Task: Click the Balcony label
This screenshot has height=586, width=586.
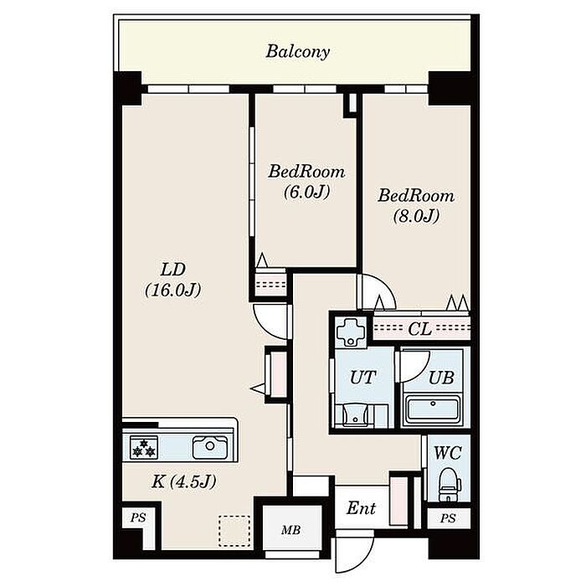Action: click(x=297, y=52)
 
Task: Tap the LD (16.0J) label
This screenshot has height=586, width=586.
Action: click(x=173, y=280)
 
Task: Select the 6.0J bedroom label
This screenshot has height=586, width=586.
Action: click(x=306, y=182)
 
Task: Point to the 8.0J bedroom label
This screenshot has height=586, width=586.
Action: click(x=416, y=206)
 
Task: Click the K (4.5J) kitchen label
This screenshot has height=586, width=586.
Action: click(x=184, y=481)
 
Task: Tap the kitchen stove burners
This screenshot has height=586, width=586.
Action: click(x=144, y=447)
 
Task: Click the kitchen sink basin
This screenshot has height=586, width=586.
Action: click(x=210, y=446)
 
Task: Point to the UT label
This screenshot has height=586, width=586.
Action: click(x=362, y=378)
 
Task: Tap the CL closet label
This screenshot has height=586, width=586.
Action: click(x=419, y=329)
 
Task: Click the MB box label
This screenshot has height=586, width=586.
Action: click(x=290, y=530)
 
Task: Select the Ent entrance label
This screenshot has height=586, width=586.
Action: click(x=361, y=508)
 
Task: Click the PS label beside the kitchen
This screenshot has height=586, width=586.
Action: click(x=138, y=517)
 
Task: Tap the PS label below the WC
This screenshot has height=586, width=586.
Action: click(x=448, y=518)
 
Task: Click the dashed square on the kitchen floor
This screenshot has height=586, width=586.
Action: click(x=234, y=531)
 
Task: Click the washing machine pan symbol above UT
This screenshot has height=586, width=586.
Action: click(x=352, y=331)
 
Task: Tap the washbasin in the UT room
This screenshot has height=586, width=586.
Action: click(x=354, y=415)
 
